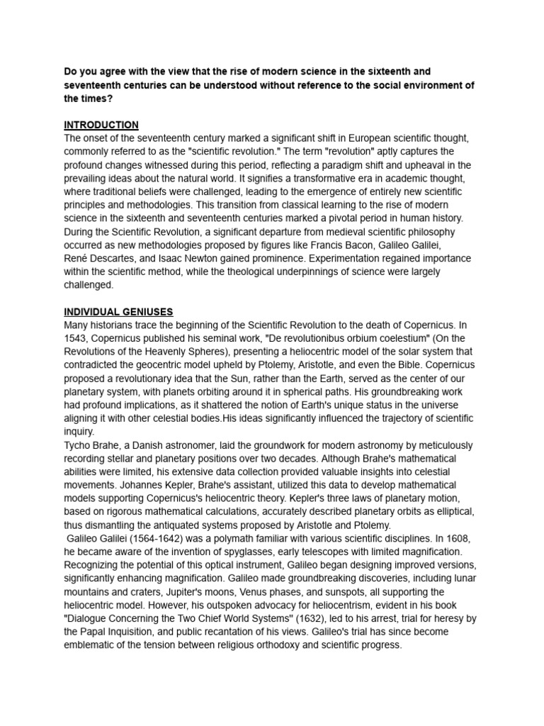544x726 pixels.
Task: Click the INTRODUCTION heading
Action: (101, 125)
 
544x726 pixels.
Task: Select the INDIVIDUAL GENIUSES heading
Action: (118, 311)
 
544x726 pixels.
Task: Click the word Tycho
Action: (79, 445)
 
